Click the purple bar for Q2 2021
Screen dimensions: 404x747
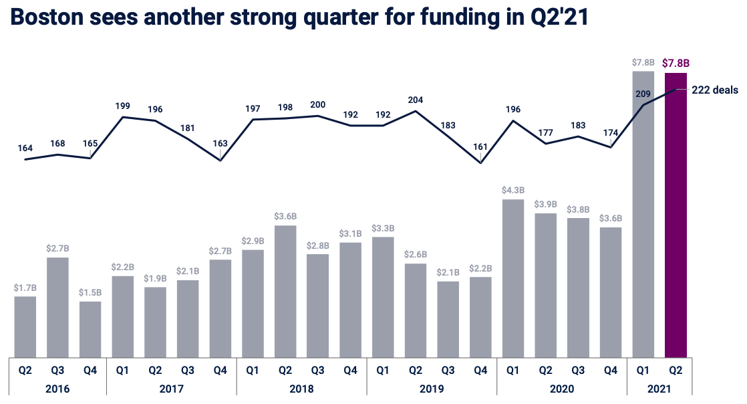tap(676, 214)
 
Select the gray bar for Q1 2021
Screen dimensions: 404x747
tap(643, 214)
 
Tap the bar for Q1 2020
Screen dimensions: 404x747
tap(513, 278)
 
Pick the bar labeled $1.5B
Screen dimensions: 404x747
tap(90, 329)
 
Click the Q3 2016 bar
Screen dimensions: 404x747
tap(58, 307)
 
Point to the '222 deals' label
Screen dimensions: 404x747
tap(715, 90)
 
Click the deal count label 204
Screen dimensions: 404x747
tap(416, 100)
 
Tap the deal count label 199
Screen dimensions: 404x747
tap(123, 106)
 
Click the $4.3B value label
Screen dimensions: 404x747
tap(513, 190)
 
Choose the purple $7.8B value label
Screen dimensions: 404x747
tap(676, 64)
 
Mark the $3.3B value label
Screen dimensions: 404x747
tap(383, 228)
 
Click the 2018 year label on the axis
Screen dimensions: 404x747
tap(301, 388)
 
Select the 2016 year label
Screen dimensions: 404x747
tap(58, 388)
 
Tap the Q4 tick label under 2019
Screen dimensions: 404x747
tap(480, 369)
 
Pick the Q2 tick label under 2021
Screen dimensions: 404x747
tap(676, 369)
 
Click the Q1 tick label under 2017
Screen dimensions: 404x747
tap(123, 369)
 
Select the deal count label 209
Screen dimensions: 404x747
tap(643, 94)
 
